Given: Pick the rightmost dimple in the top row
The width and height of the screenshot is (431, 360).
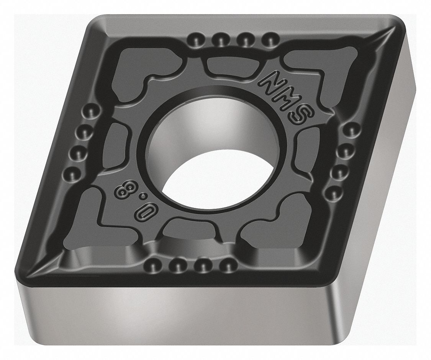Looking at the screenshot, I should (x=270, y=39).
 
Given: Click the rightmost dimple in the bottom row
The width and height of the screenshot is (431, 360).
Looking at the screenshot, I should (x=228, y=264).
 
